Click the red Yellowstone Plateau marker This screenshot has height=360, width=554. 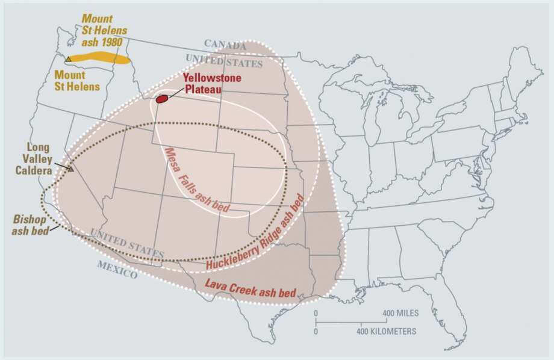pyautogui.click(x=161, y=99)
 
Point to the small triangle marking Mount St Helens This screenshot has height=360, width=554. pyautogui.click(x=69, y=58)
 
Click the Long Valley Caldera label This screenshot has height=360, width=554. pyautogui.click(x=35, y=158)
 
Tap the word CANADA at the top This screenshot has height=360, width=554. pyautogui.click(x=225, y=44)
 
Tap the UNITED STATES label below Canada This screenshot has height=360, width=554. pyautogui.click(x=224, y=60)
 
